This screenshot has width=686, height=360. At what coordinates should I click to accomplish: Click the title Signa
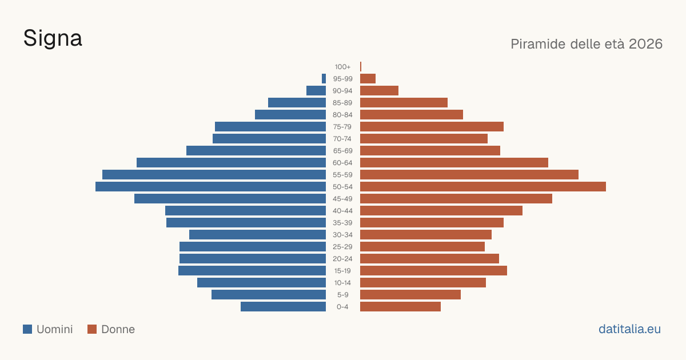53,38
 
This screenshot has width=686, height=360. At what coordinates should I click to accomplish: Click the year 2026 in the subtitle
645,44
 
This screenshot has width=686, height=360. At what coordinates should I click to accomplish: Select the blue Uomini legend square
27,329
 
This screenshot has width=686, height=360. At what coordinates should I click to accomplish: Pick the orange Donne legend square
92,329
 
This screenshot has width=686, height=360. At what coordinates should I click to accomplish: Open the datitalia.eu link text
629,329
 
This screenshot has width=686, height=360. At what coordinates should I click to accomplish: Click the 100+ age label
342,67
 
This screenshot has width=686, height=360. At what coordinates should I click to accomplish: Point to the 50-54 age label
342,187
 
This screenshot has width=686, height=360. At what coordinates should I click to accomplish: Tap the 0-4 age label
342,307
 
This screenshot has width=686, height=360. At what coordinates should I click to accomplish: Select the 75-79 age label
342,127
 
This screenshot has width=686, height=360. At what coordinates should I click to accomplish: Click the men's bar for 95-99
324,79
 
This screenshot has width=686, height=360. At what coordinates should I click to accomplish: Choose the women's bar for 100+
361,67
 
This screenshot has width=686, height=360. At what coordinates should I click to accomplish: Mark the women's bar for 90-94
379,91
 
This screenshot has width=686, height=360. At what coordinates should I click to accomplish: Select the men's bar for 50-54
211,187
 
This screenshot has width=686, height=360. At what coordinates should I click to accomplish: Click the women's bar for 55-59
469,175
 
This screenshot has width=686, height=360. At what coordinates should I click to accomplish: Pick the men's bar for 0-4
284,307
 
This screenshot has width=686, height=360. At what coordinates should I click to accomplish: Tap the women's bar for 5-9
410,295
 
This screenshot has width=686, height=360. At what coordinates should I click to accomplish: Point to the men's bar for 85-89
297,102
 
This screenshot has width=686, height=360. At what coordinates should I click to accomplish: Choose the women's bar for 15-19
434,271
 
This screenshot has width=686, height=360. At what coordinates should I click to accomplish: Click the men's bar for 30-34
258,235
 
